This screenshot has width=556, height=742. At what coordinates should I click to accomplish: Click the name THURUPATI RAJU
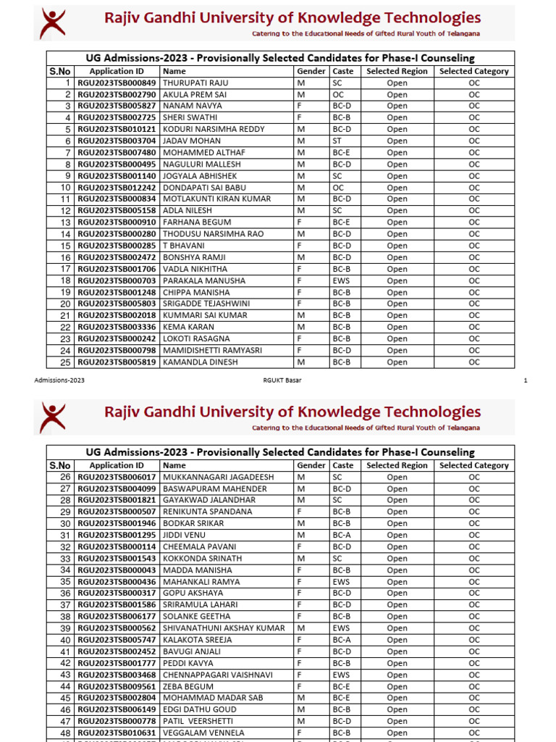click(x=190, y=83)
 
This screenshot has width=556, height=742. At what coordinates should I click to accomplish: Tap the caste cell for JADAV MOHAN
click(x=337, y=141)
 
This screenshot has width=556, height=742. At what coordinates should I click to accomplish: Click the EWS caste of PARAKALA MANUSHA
click(x=341, y=280)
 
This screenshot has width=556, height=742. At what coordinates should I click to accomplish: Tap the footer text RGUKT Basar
click(x=282, y=380)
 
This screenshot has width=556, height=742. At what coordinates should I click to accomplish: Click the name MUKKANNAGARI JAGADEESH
click(x=219, y=477)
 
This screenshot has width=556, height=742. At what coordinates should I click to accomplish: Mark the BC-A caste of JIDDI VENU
click(x=342, y=535)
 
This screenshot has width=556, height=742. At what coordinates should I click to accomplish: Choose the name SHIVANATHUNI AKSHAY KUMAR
click(x=224, y=628)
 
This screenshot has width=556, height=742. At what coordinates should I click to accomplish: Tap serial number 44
click(x=65, y=686)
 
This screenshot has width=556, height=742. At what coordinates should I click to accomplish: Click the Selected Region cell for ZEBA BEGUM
click(x=397, y=686)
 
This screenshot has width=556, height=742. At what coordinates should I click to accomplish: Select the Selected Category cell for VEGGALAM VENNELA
click(x=474, y=733)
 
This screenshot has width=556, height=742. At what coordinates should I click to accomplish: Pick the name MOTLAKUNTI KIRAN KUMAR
click(x=216, y=199)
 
